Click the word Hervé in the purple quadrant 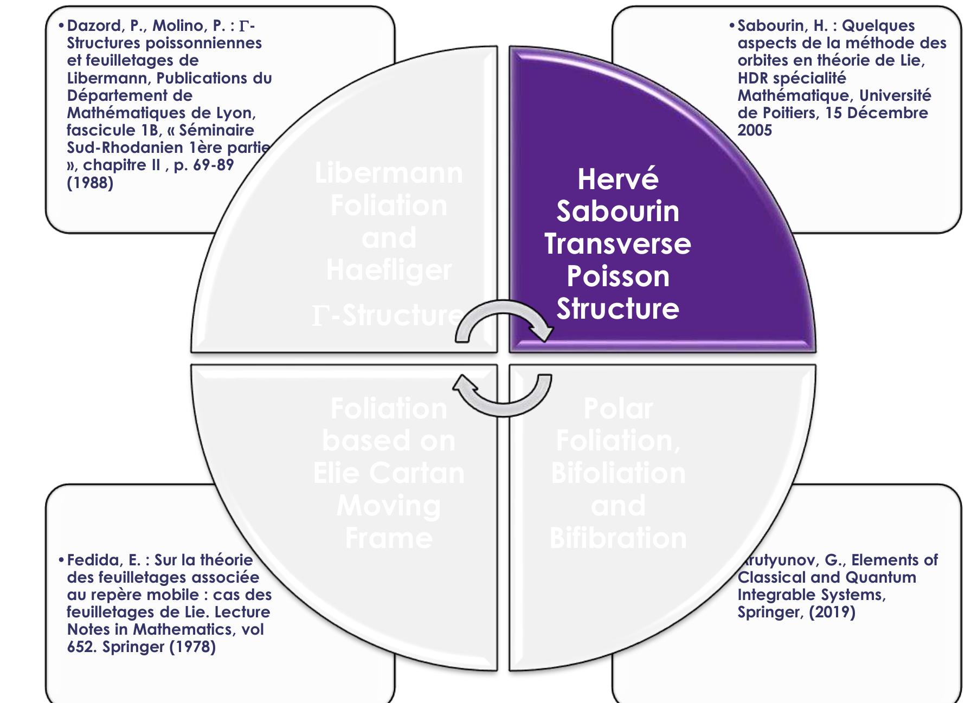click(x=617, y=179)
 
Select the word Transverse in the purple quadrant click(x=617, y=244)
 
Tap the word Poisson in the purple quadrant click(x=617, y=276)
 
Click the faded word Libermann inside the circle click(x=389, y=173)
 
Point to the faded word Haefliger click(x=389, y=270)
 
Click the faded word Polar click(x=618, y=408)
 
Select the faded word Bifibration click(x=618, y=538)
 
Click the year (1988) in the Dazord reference click(x=90, y=183)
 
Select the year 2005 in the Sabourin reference click(x=754, y=130)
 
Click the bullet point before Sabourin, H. click(x=732, y=25)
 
